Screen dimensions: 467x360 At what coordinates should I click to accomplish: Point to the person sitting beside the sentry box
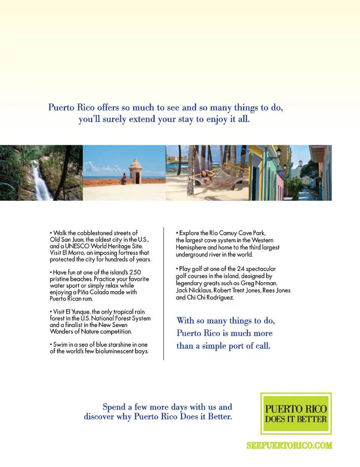tap(124, 178)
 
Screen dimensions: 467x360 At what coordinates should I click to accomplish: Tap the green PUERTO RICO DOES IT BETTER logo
tap(296, 414)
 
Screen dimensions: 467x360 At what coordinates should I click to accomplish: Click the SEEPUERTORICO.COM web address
tap(289, 446)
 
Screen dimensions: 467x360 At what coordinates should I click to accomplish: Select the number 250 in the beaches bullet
tap(135, 272)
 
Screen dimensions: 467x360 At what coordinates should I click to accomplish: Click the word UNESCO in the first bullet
tap(77, 246)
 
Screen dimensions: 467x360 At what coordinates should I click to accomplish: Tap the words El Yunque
tap(78, 312)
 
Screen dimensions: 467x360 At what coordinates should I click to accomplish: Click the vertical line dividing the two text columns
tap(163, 293)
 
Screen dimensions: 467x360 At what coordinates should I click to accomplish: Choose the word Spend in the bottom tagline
tap(114, 407)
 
